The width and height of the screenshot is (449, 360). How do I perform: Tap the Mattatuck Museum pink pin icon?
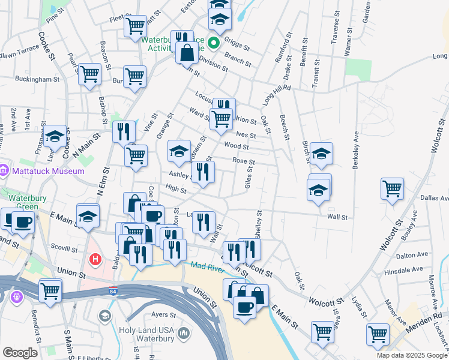coord(4,171)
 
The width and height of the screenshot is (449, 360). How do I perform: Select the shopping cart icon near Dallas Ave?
coord(392,188)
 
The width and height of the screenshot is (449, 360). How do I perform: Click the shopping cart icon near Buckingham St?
coord(89,74)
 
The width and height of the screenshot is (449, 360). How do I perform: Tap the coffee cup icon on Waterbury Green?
coord(22,222)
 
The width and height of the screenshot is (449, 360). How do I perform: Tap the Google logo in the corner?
coord(20,353)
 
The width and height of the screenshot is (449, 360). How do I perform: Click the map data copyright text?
coord(411,355)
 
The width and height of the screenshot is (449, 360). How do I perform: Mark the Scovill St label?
coord(65,248)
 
